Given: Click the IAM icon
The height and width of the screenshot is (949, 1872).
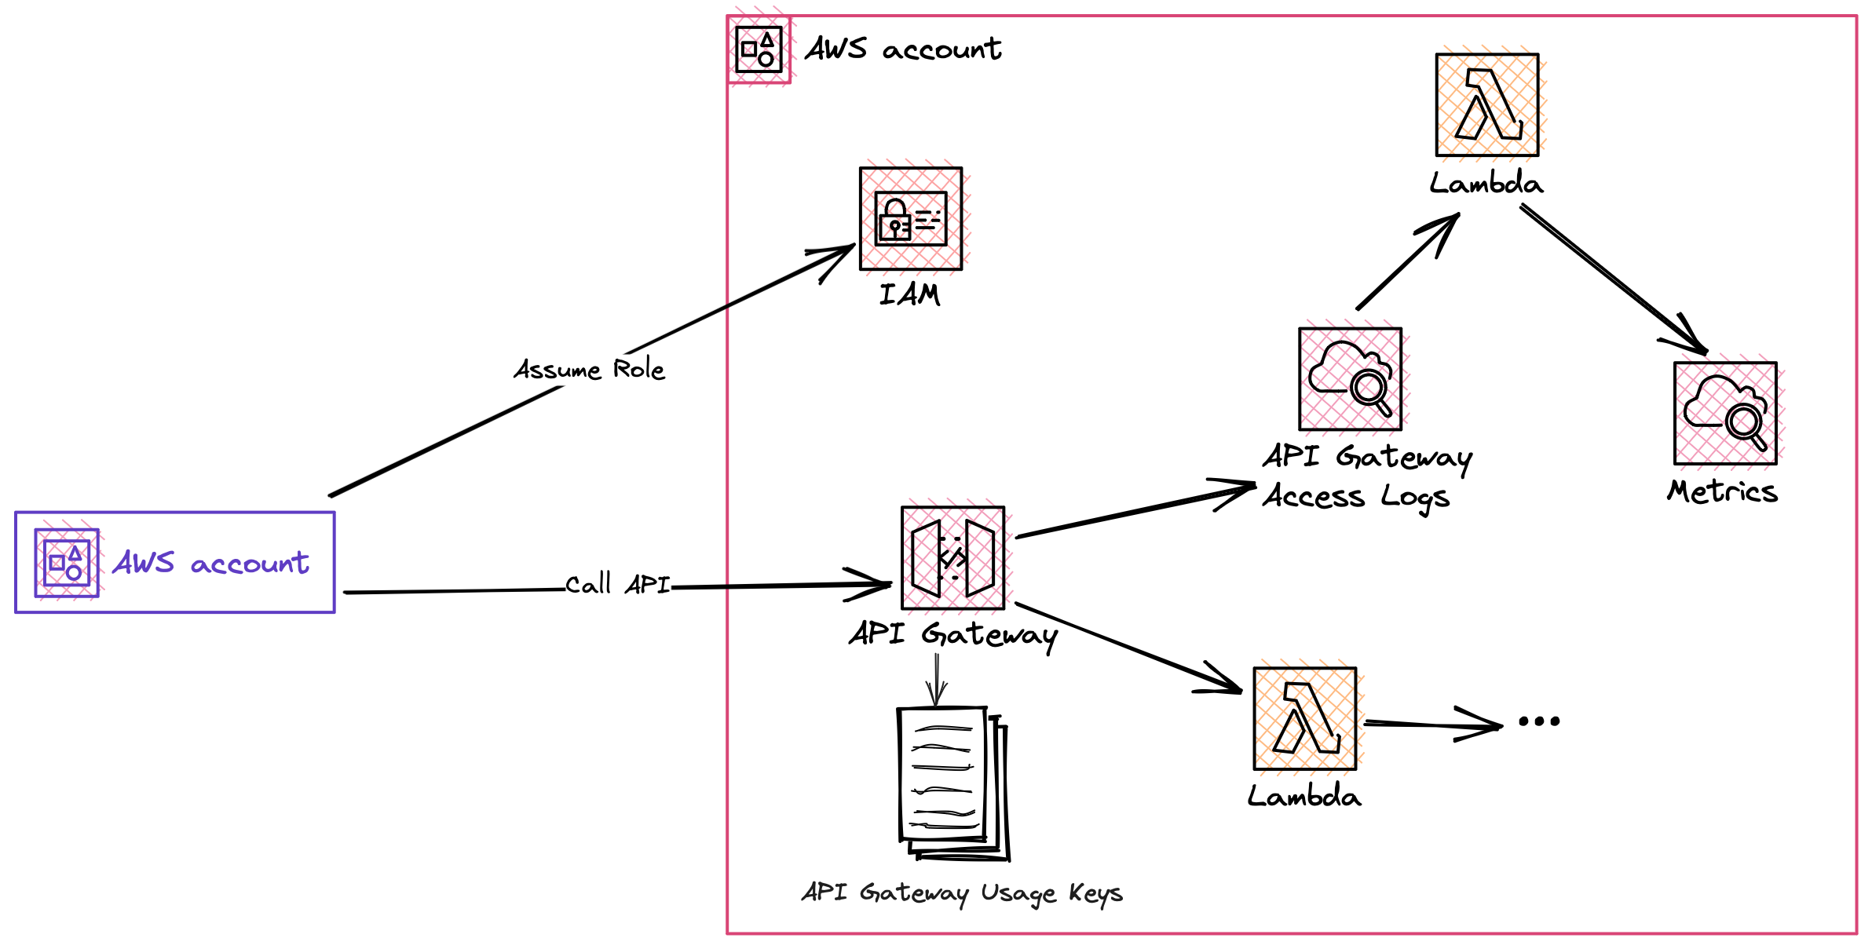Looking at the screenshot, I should [911, 218].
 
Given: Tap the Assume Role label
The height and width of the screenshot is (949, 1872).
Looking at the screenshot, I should [589, 369].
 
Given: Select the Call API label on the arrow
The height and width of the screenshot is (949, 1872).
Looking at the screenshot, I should [618, 584].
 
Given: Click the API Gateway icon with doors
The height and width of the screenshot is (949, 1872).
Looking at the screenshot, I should [952, 558].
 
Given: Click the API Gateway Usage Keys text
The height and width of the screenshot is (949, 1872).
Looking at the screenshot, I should [962, 892].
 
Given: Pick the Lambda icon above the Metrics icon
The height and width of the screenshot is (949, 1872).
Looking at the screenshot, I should [1486, 105].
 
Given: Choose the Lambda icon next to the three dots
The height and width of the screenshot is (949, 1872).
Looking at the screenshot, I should [1304, 718].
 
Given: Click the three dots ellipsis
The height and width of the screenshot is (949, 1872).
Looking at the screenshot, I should [1538, 721].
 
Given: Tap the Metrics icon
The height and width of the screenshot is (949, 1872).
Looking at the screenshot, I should [1724, 414].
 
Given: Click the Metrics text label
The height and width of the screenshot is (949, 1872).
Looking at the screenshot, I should [1722, 491].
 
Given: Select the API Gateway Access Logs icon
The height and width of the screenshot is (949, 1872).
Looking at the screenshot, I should [1350, 379].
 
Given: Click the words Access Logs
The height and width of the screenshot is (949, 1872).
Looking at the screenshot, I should [1356, 496].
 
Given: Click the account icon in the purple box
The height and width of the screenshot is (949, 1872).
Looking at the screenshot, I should [67, 563].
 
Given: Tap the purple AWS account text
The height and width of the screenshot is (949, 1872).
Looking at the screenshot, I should [210, 563].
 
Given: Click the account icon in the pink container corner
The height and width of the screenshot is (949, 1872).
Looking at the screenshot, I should [759, 49].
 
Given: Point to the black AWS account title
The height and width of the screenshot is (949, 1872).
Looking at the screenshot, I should [903, 49].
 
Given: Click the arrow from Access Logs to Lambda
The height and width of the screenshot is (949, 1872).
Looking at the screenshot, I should [1406, 263].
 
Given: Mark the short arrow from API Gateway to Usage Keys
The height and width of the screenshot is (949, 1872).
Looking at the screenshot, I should [937, 680].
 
